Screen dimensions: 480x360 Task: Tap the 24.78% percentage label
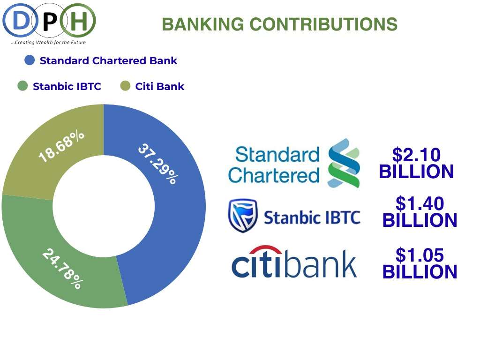pos(63,269)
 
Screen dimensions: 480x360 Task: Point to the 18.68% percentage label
pos(61,146)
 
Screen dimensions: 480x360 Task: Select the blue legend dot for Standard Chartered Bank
pos(30,60)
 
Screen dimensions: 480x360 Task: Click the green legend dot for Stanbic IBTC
pos(22,86)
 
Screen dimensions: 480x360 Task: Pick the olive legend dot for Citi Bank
pos(125,86)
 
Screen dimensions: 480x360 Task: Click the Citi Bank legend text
pos(159,86)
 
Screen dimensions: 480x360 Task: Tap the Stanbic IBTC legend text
pos(67,86)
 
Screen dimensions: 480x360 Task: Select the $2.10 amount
pos(416,154)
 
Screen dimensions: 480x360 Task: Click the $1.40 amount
pos(420,203)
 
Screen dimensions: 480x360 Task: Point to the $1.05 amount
pos(420,255)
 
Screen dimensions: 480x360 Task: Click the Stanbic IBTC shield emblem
pos(243,216)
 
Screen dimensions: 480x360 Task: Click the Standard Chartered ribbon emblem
pos(344,163)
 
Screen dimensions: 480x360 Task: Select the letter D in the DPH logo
pos(20,21)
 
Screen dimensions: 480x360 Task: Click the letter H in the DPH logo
pos(79,21)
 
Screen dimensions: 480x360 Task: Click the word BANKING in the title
pos(202,24)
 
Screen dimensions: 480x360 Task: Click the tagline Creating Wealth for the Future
pos(49,42)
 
